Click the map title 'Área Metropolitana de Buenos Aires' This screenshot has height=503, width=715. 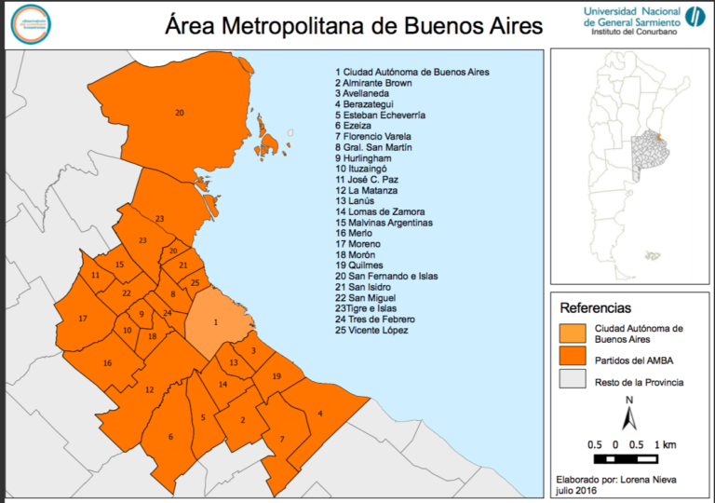coord(353,25)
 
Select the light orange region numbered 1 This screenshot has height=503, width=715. coord(218,322)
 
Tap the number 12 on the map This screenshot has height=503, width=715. coord(149,389)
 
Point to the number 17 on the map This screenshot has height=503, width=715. coord(83,319)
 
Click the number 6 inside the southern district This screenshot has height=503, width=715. coord(170,437)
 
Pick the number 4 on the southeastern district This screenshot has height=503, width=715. coord(320,414)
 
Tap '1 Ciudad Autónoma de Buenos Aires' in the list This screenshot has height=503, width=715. coord(412,72)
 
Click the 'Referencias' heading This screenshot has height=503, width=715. coord(595,307)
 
